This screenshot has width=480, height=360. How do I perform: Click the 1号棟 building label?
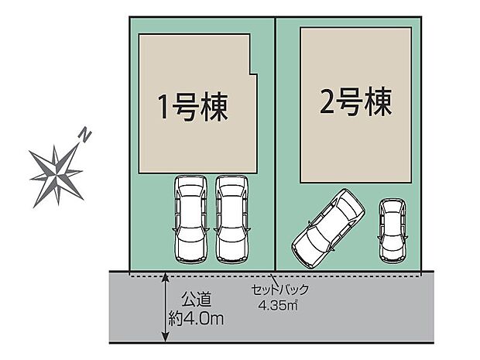(193, 106)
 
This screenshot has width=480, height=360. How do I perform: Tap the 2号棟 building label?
(355, 100)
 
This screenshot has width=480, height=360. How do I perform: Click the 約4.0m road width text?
(197, 317)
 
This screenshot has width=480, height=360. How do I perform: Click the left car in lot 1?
(190, 218)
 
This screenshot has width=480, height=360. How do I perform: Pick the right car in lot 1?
(231, 218)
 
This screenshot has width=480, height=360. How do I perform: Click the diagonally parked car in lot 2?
(328, 227)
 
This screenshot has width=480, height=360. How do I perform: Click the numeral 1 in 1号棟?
(163, 107)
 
